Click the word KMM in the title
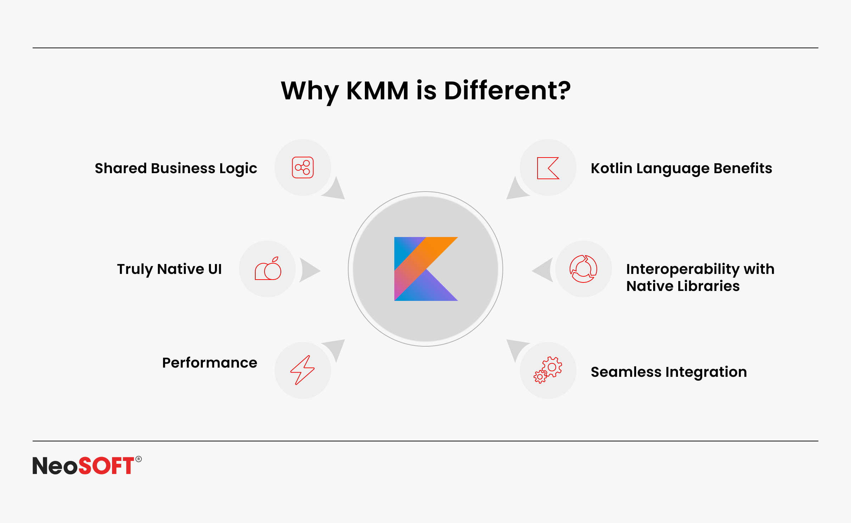tap(377, 91)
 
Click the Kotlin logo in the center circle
tap(425, 269)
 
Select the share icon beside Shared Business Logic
tap(303, 167)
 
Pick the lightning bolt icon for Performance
tap(302, 370)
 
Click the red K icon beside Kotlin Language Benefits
tap(548, 168)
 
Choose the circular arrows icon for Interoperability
tap(583, 269)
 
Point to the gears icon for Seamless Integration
tap(548, 370)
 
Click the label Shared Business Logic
tap(176, 169)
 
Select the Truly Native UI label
tap(169, 269)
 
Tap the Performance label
tap(210, 363)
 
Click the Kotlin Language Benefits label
tap(681, 169)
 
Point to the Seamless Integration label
tap(669, 372)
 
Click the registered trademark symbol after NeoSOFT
tap(139, 459)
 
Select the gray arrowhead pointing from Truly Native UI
tap(310, 270)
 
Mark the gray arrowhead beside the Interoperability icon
tap(543, 270)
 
